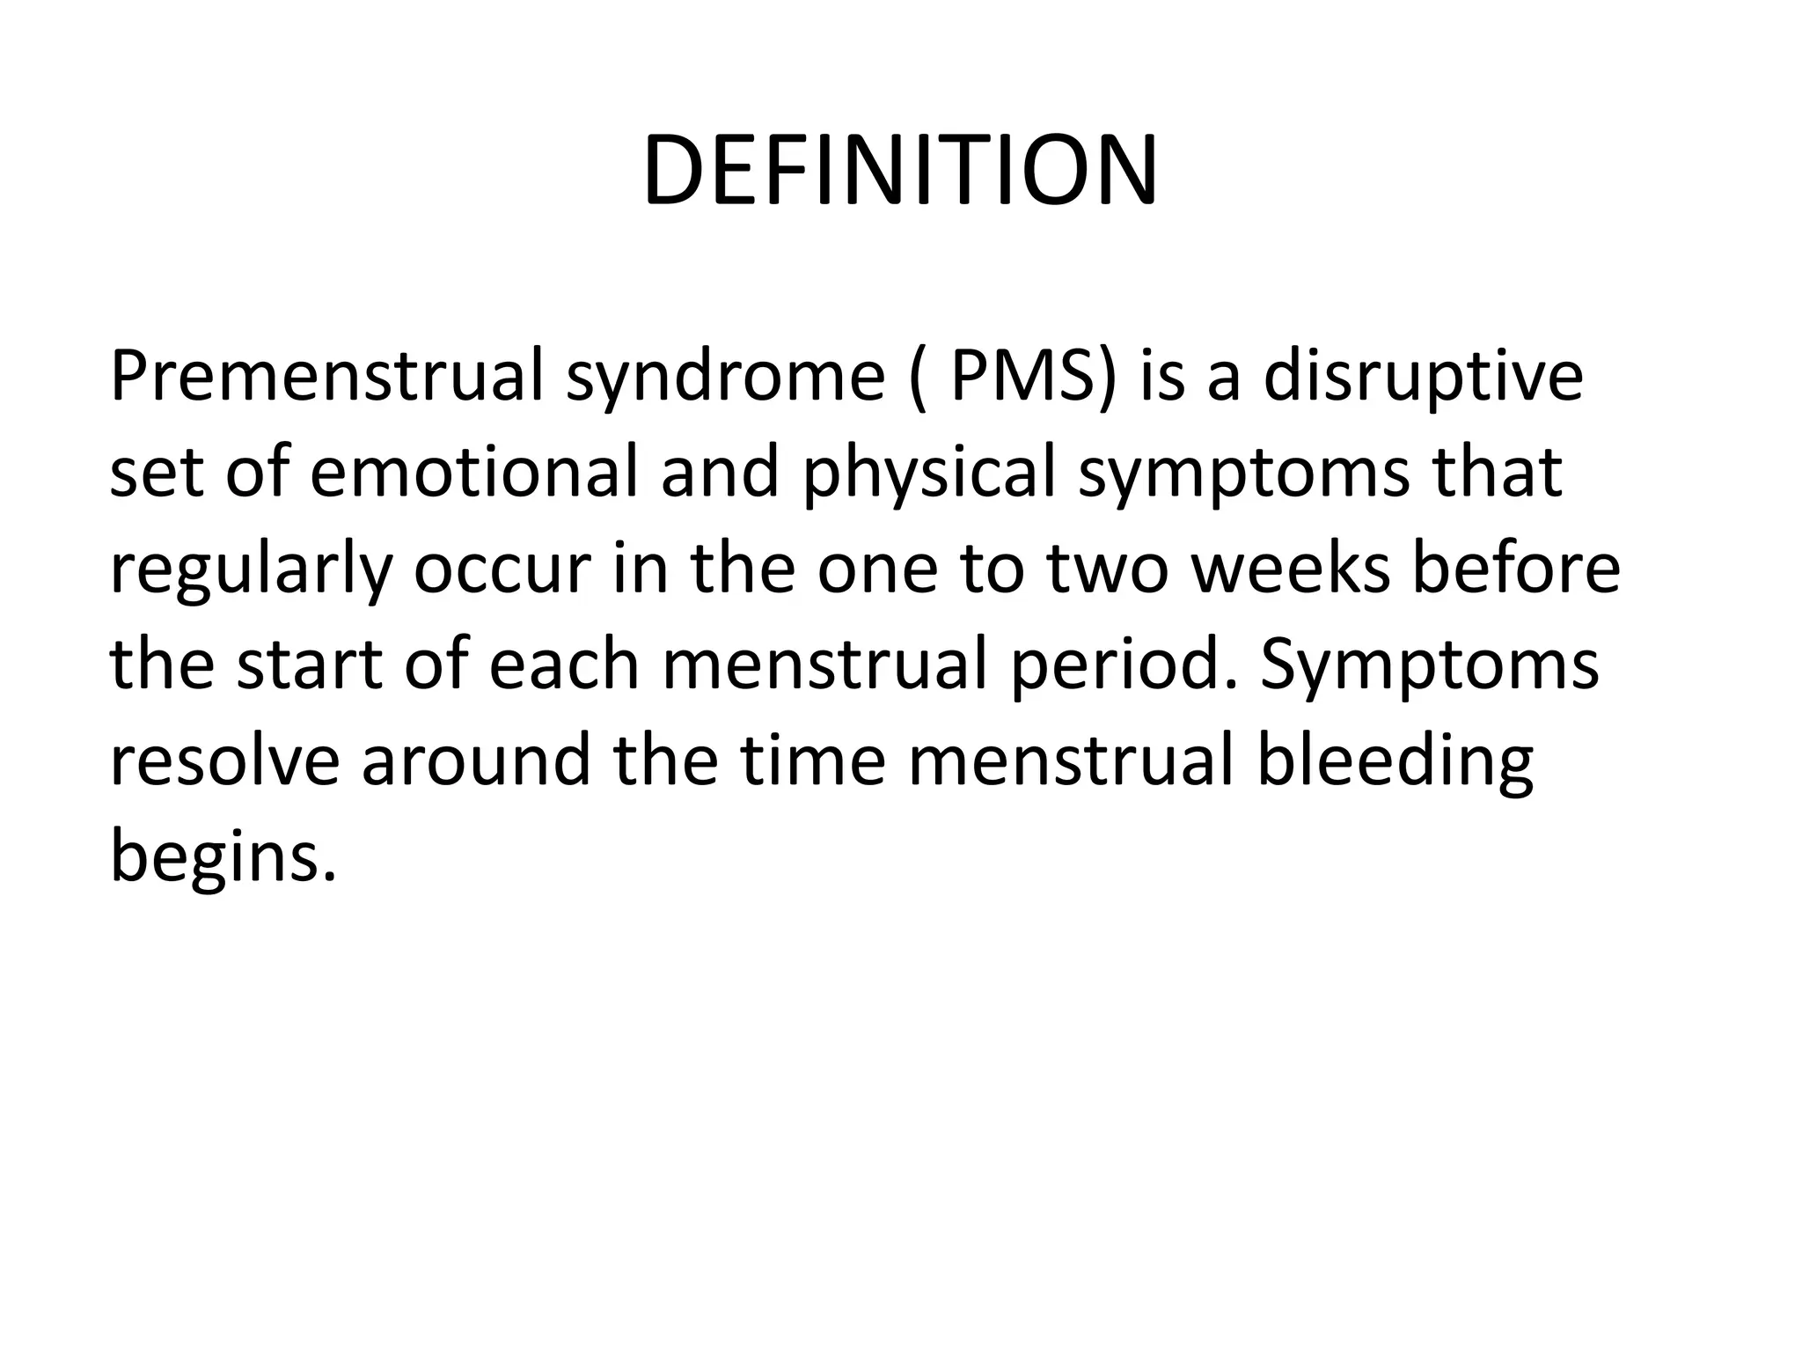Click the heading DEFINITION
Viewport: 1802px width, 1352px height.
tap(900, 171)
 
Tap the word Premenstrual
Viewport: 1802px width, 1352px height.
tap(326, 377)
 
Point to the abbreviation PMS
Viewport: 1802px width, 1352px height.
tap(1029, 377)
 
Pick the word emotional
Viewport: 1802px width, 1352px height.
tap(473, 473)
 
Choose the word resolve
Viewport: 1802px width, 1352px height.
tap(224, 761)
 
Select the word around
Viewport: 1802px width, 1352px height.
tap(476, 761)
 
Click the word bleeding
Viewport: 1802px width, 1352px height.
tap(1395, 763)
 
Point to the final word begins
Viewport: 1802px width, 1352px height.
tap(223, 858)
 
